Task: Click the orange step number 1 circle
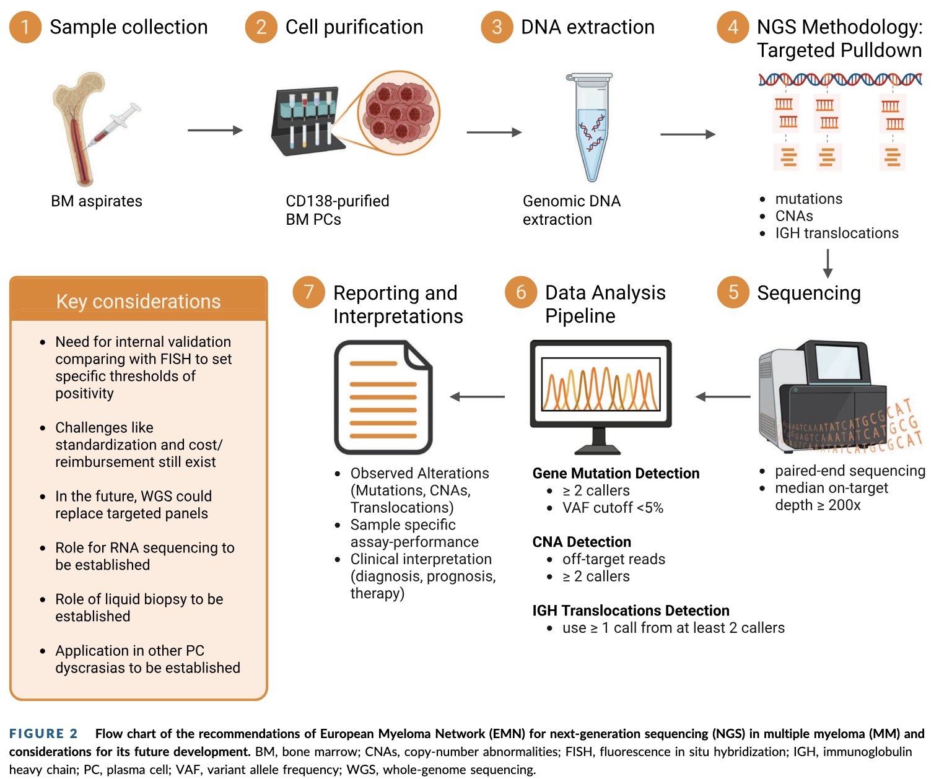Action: (x=25, y=27)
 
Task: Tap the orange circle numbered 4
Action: (x=733, y=27)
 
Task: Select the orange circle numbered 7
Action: (x=308, y=292)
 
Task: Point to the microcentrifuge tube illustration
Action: (x=591, y=127)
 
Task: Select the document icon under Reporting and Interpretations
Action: (x=383, y=397)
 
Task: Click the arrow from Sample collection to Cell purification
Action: (x=215, y=131)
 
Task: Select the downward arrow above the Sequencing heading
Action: (x=828, y=263)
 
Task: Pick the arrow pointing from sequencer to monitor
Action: (x=722, y=397)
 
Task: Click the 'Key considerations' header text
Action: (x=138, y=301)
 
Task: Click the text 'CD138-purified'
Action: (x=337, y=201)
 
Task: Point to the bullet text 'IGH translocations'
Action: (x=836, y=233)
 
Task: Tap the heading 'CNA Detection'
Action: (x=581, y=542)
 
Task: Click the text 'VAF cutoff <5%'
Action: (x=612, y=508)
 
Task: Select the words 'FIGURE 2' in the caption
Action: (x=43, y=734)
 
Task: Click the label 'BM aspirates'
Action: (x=97, y=201)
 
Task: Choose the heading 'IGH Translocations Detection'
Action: (x=631, y=611)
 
